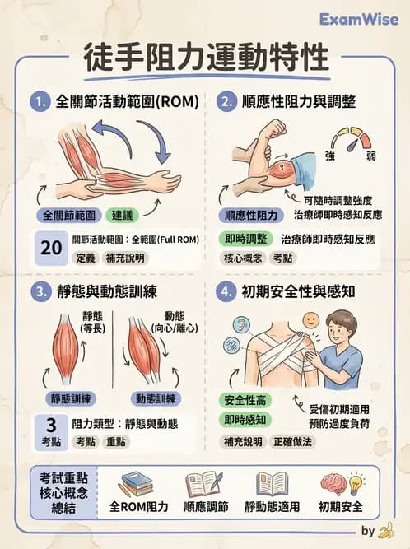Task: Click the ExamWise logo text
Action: [359, 19]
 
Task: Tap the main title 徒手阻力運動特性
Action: [206, 59]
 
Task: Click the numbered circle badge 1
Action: [39, 103]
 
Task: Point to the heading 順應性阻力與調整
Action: [299, 103]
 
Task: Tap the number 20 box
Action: [51, 247]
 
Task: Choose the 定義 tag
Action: [86, 258]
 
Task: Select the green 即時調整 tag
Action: [245, 239]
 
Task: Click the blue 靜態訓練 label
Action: [72, 399]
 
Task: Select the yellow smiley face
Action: [311, 319]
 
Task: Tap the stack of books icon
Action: [137, 483]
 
